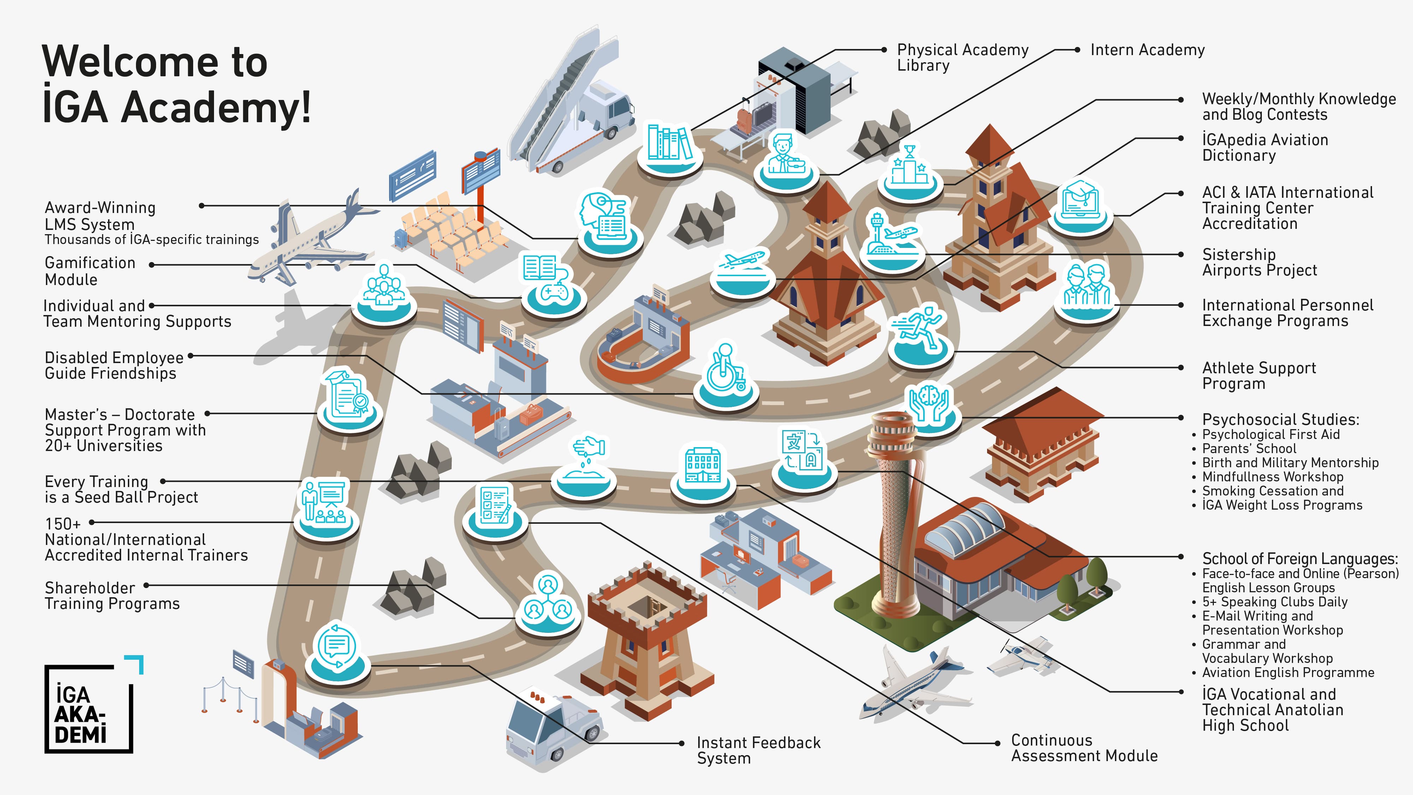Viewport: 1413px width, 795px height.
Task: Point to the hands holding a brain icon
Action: (x=931, y=407)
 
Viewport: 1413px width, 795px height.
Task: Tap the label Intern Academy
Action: (x=1147, y=50)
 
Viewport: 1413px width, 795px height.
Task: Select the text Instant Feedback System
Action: (x=759, y=750)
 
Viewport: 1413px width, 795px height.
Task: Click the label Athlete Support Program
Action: (x=1259, y=375)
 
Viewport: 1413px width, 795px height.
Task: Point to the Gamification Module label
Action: (x=90, y=271)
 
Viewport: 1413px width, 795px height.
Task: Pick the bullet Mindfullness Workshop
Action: (x=1272, y=477)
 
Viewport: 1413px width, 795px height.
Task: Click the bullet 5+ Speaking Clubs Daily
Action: (x=1275, y=602)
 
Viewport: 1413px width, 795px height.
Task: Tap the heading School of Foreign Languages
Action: (x=1300, y=558)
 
